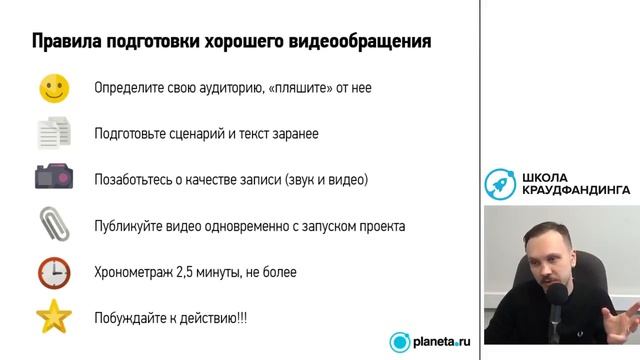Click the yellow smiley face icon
tap(54, 88)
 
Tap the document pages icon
tap(54, 133)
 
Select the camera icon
tap(54, 179)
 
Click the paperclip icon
tap(54, 224)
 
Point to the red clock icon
tap(54, 271)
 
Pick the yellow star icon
tap(54, 317)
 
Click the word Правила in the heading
tap(67, 43)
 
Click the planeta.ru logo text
tap(441, 342)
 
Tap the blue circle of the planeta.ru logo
tap(400, 342)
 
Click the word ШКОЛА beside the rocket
tap(545, 176)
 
